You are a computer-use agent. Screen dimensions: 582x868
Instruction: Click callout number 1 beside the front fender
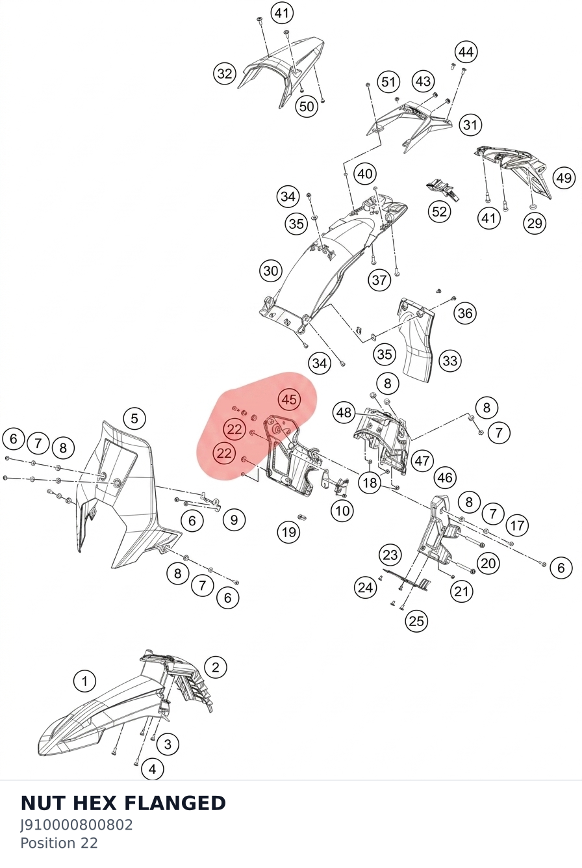pyautogui.click(x=84, y=681)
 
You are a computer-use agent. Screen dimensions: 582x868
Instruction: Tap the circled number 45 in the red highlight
pyautogui.click(x=289, y=399)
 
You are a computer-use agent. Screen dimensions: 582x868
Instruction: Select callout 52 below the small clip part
pyautogui.click(x=439, y=211)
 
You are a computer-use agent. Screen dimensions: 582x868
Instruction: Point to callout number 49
pyautogui.click(x=563, y=178)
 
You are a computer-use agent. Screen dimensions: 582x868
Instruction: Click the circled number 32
pyautogui.click(x=225, y=73)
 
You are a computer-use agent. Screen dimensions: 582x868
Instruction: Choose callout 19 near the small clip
pyautogui.click(x=289, y=532)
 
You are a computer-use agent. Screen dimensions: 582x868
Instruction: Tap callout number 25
pyautogui.click(x=416, y=621)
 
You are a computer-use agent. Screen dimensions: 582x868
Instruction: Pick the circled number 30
pyautogui.click(x=271, y=270)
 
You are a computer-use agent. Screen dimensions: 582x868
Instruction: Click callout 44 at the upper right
pyautogui.click(x=466, y=51)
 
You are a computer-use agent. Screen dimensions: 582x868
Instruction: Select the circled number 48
pyautogui.click(x=344, y=413)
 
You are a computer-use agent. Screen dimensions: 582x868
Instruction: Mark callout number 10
pyautogui.click(x=342, y=511)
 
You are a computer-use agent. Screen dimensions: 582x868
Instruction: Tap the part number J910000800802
pyautogui.click(x=76, y=825)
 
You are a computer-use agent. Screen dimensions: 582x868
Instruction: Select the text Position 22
pyautogui.click(x=59, y=843)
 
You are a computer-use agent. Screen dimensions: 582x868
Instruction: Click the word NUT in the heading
pyautogui.click(x=43, y=803)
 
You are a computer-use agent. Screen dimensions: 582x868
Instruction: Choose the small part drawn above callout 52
pyautogui.click(x=442, y=189)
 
